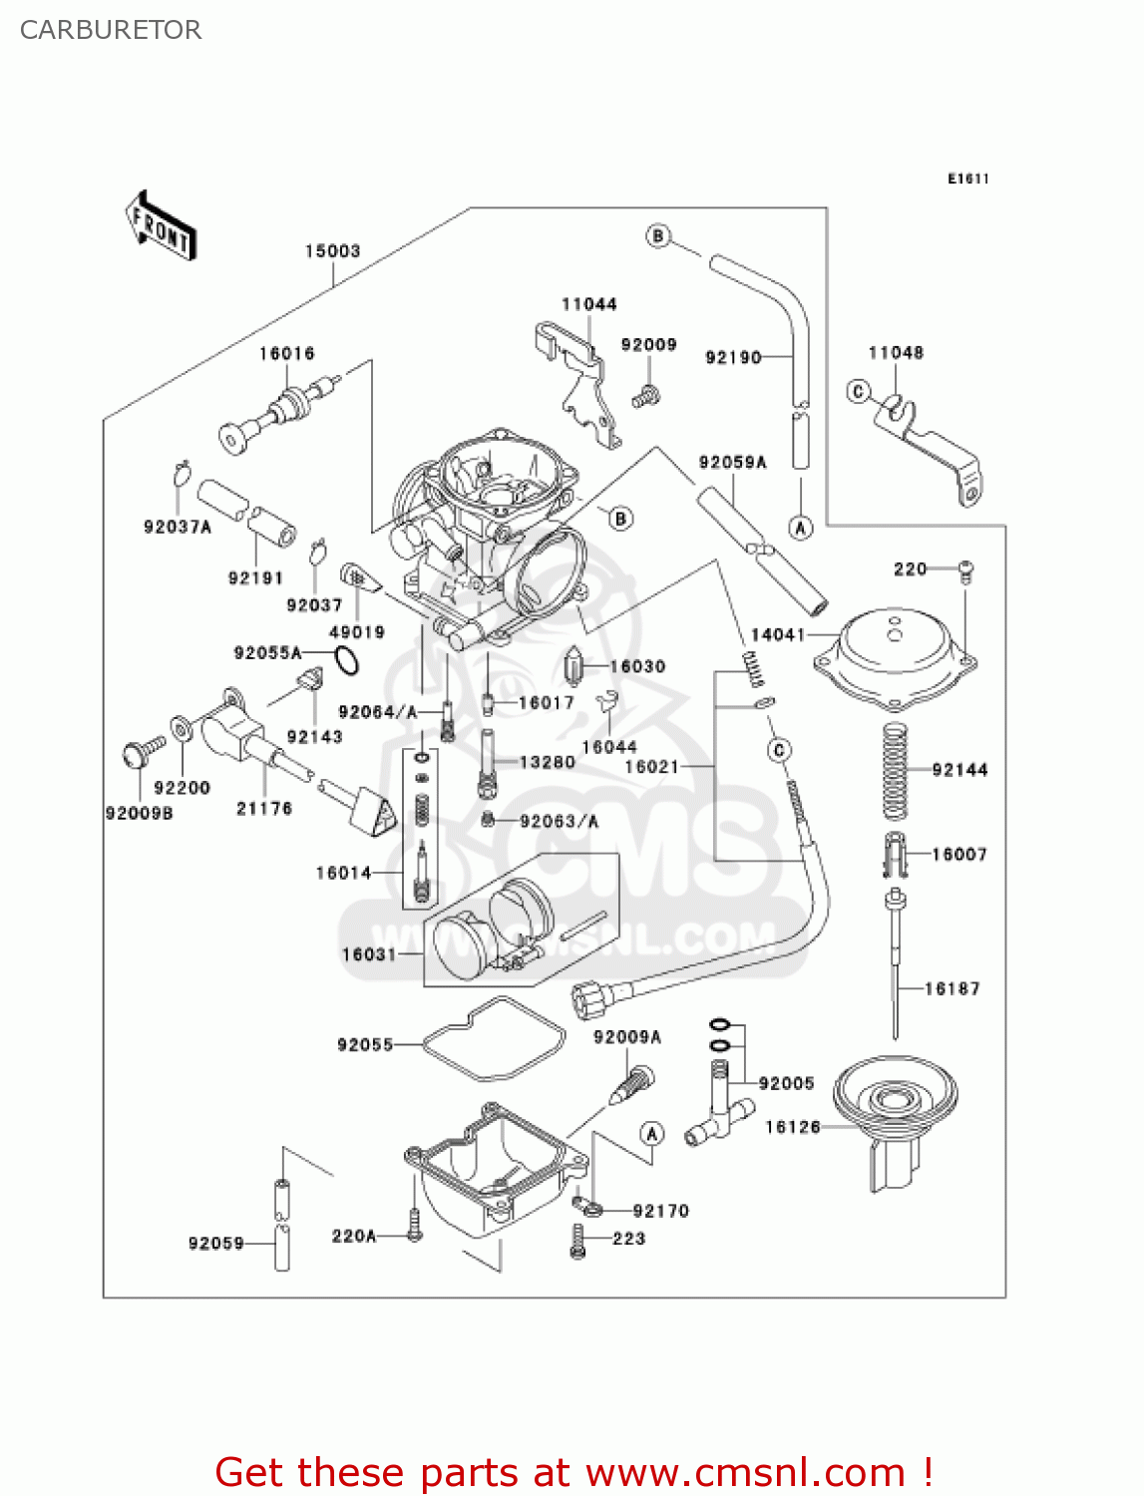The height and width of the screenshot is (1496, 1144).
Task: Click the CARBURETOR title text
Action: (111, 30)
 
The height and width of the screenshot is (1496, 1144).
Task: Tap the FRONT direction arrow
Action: (161, 226)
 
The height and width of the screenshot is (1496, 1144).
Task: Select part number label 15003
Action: (332, 250)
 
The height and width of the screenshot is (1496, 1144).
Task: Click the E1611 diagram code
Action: (967, 179)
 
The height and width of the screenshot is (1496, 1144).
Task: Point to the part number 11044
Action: (588, 304)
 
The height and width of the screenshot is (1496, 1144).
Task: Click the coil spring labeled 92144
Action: (896, 770)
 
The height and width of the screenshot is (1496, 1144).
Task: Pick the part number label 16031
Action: (369, 954)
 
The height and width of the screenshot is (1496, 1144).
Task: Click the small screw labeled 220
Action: (965, 571)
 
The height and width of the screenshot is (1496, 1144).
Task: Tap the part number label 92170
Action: (660, 1211)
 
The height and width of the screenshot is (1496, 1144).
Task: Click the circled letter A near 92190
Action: (800, 528)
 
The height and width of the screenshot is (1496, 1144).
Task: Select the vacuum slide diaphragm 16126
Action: (895, 1117)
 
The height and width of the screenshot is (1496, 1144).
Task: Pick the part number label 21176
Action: (263, 809)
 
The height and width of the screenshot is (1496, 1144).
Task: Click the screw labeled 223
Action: (577, 1240)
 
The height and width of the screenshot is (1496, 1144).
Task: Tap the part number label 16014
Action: (343, 873)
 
